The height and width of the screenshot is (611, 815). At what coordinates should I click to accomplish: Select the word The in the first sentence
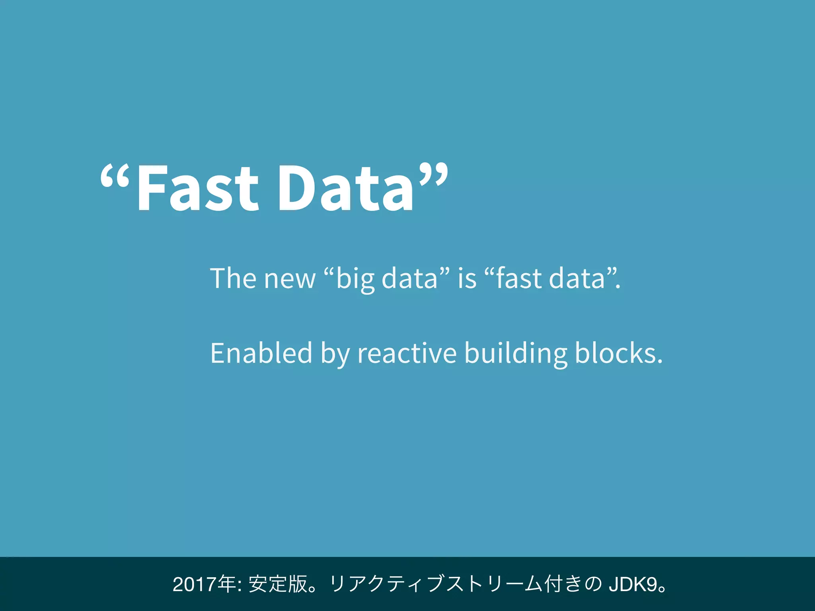tap(233, 278)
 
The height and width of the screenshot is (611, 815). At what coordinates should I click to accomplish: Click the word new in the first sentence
tap(290, 279)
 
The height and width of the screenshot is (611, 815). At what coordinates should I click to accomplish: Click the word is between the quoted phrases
tap(467, 278)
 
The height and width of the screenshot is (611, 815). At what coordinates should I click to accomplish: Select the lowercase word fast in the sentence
tap(519, 278)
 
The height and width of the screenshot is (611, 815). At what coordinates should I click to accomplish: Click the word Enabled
tap(261, 353)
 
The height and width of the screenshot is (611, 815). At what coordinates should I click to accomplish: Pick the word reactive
tap(407, 353)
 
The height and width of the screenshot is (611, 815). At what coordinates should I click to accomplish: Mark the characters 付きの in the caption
tap(573, 584)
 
